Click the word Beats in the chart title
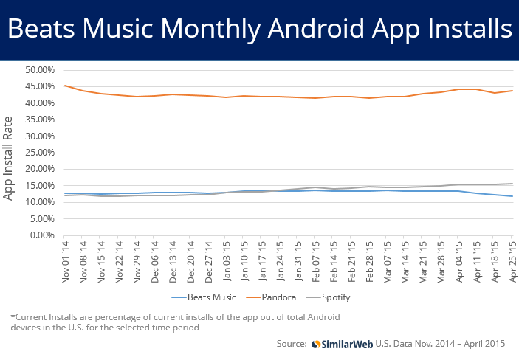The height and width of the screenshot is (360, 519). coord(41,28)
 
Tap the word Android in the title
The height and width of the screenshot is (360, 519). coord(317,28)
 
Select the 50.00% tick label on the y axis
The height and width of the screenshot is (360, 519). coord(40,70)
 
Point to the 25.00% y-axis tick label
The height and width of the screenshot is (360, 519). coord(40,153)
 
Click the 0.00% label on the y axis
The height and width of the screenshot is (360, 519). coord(42,235)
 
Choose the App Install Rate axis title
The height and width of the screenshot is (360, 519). coord(7,158)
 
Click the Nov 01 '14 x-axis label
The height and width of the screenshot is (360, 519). coord(65,262)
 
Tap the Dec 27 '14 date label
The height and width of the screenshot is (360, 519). coord(208,262)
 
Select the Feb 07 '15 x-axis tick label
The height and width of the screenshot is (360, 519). coord(315,262)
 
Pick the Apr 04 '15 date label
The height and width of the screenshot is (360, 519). coord(458,262)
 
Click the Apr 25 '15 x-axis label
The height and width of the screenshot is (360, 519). coord(512,262)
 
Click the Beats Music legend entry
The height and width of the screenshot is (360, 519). coord(204,297)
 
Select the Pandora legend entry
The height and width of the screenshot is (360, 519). coord(271,297)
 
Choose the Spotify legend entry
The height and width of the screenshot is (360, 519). coord(328,297)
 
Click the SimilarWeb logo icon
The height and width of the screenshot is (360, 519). coord(316,344)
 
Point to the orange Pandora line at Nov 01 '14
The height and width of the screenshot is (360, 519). coord(64,86)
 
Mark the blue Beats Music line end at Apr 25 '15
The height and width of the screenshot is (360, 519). coord(512,196)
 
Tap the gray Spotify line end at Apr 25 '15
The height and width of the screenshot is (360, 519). coord(512,184)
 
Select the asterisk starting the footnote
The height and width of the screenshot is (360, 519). coord(13,316)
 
